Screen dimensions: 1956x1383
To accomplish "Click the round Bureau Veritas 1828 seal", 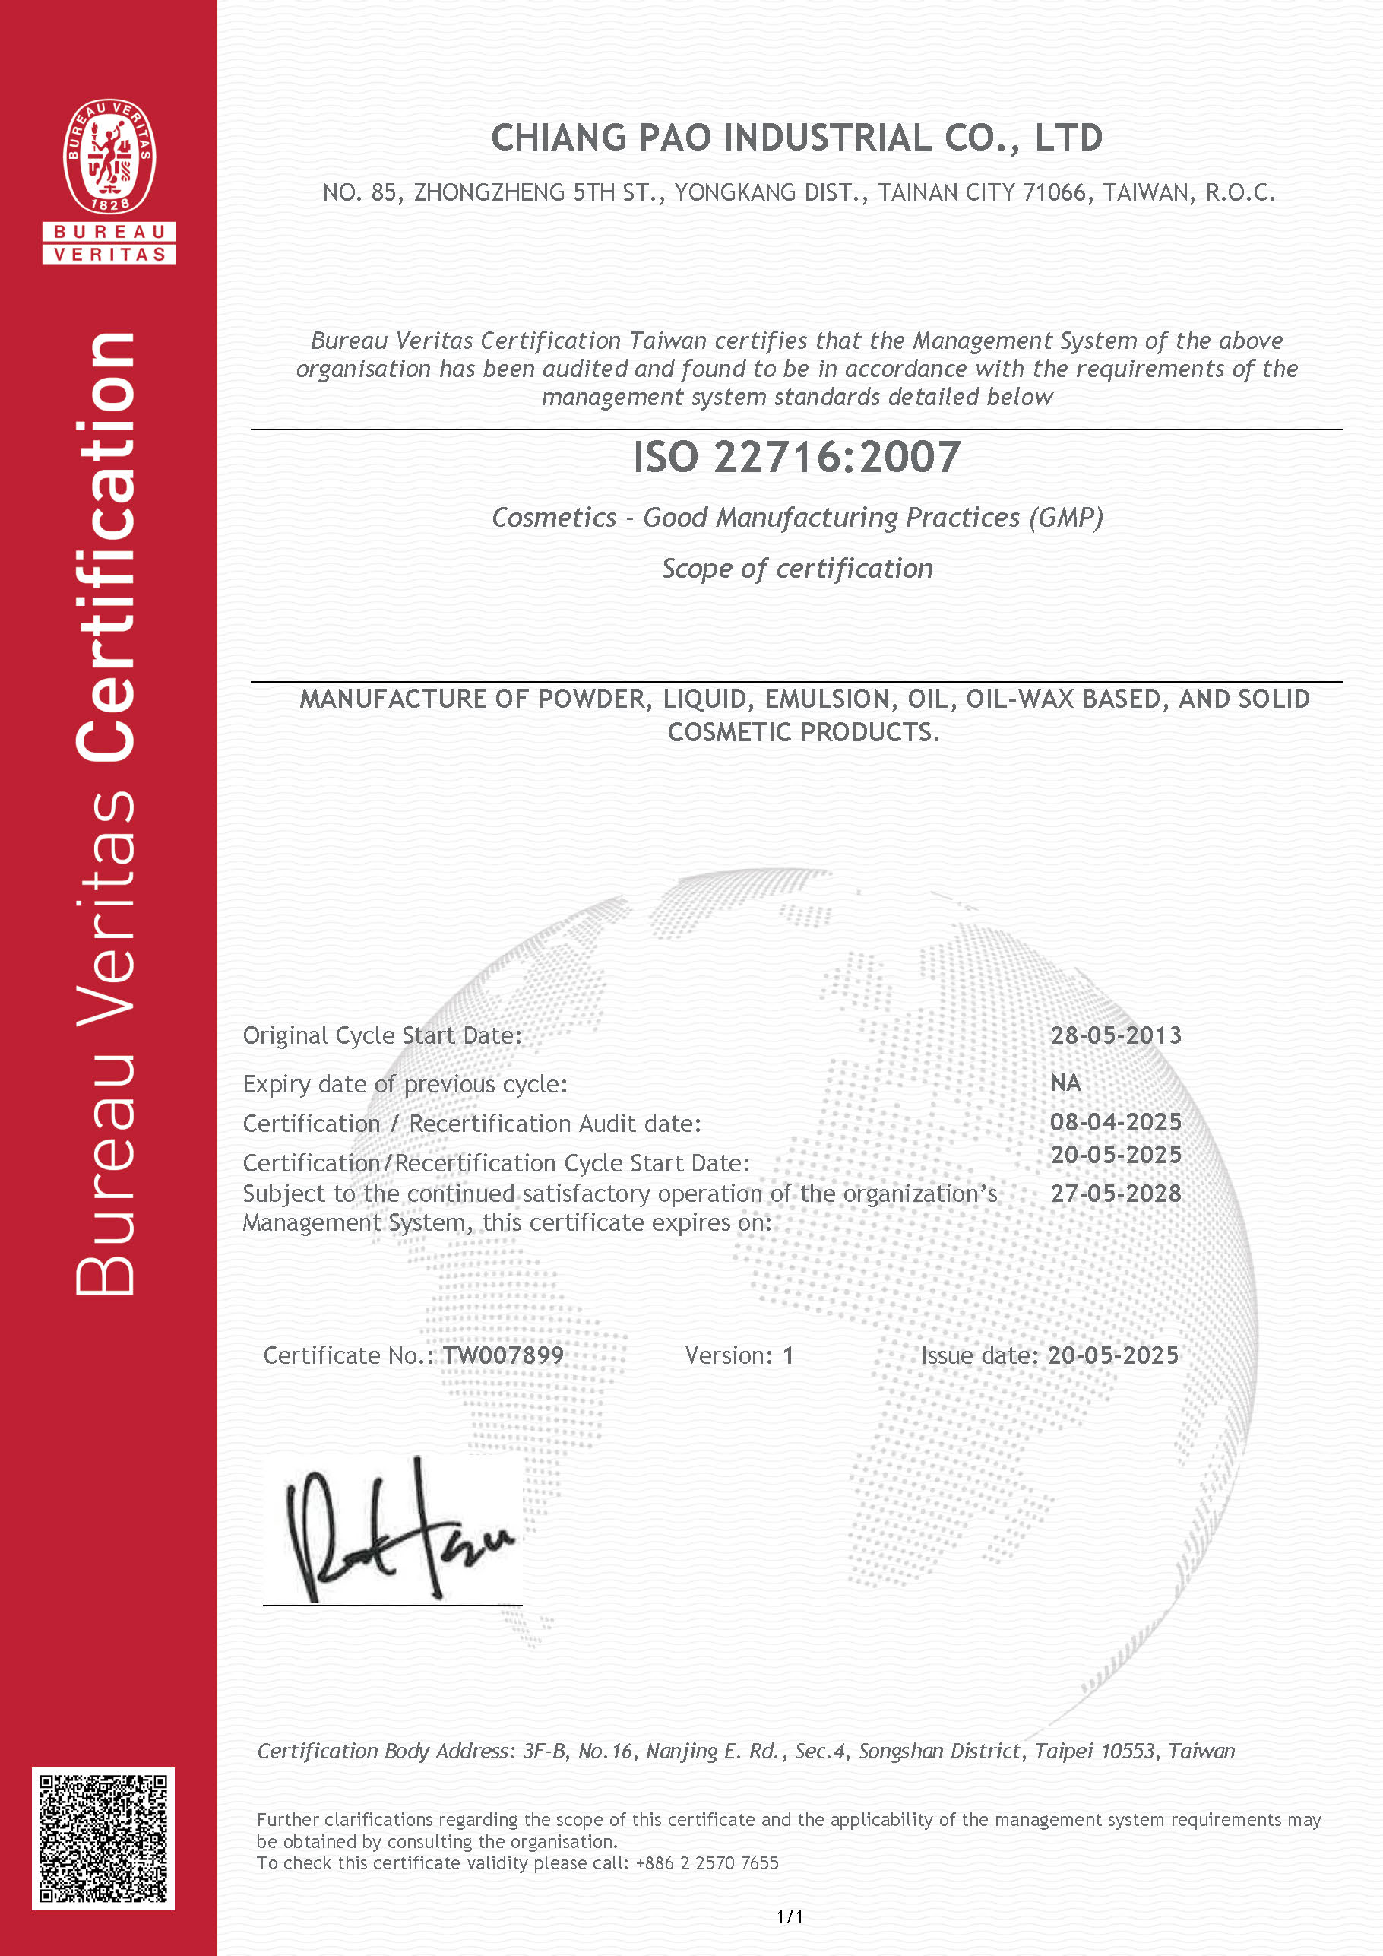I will pyautogui.click(x=109, y=157).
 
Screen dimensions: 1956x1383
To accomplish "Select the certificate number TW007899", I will pyautogui.click(x=503, y=1355).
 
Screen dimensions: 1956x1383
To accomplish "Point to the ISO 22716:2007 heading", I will pyautogui.click(x=796, y=458).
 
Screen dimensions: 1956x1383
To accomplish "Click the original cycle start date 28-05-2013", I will pyautogui.click(x=1116, y=1035).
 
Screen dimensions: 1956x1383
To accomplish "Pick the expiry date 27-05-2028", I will pyautogui.click(x=1116, y=1194).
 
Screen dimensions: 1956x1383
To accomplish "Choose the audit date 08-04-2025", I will pyautogui.click(x=1116, y=1122).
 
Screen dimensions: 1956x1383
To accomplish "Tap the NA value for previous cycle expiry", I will pyautogui.click(x=1065, y=1083).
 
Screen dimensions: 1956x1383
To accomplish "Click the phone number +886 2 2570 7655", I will pyautogui.click(x=707, y=1863).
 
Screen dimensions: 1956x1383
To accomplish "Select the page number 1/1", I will pyautogui.click(x=790, y=1916).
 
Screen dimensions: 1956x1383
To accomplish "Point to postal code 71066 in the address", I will pyautogui.click(x=1055, y=193).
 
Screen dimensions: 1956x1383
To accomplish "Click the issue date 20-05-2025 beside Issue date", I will pyautogui.click(x=1113, y=1355).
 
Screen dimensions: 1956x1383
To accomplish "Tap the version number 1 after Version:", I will pyautogui.click(x=789, y=1355).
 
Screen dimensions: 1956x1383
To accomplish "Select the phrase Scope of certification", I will pyautogui.click(x=797, y=568).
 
